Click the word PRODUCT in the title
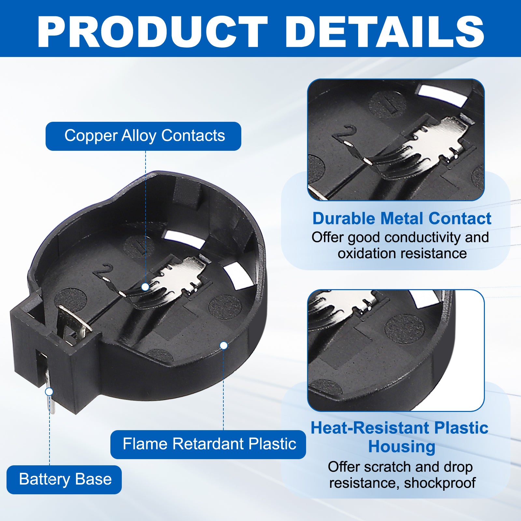point(152,32)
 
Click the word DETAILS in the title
point(385,32)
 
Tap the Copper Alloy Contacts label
point(143,136)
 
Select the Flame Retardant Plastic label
point(208,444)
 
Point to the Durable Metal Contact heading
point(402,218)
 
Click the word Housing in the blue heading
point(402,447)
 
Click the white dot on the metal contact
point(145,287)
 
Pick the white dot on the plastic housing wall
point(224,345)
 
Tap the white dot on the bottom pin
point(49,391)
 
